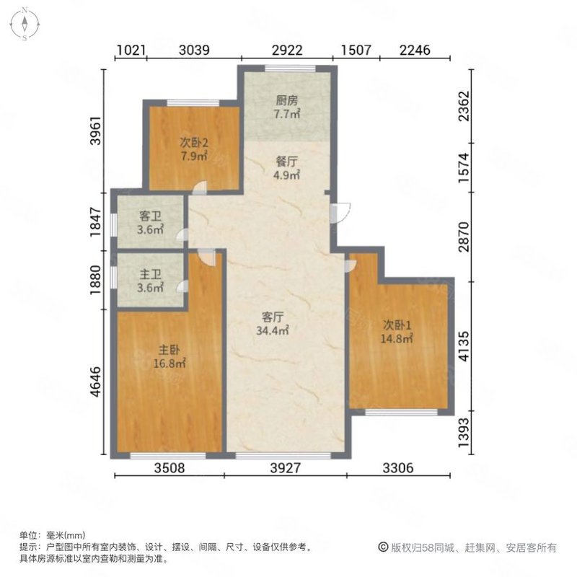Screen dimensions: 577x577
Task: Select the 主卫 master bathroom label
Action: pyautogui.click(x=150, y=275)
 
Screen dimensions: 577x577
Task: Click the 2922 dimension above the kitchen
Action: pyautogui.click(x=286, y=50)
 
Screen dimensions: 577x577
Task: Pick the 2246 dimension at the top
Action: pyautogui.click(x=414, y=50)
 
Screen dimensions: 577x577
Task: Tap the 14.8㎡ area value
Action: pyautogui.click(x=397, y=338)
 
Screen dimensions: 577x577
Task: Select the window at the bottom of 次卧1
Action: pyautogui.click(x=401, y=411)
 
